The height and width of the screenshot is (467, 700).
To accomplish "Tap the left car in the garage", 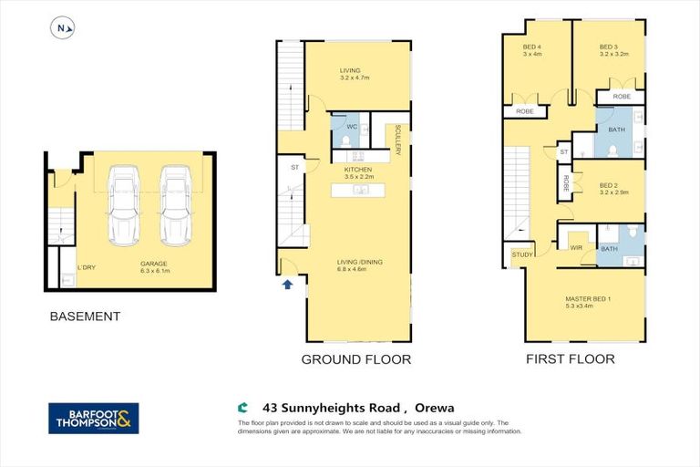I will pyautogui.click(x=124, y=205).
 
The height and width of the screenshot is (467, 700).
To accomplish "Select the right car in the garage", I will pyautogui.click(x=176, y=205).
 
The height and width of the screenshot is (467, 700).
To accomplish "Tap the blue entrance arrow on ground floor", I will pyautogui.click(x=288, y=284).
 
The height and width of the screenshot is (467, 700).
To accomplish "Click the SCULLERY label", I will pyautogui.click(x=398, y=140).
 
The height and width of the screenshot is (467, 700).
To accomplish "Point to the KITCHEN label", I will pyautogui.click(x=357, y=171).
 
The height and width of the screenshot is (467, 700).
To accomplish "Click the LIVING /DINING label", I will pyautogui.click(x=359, y=263).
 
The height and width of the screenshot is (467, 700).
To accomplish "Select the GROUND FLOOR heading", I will pyautogui.click(x=355, y=359).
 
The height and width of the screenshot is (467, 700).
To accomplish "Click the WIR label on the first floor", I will pyautogui.click(x=575, y=246).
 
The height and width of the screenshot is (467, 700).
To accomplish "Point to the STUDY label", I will pyautogui.click(x=522, y=254).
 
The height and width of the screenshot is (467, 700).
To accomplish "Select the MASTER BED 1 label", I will pyautogui.click(x=588, y=299).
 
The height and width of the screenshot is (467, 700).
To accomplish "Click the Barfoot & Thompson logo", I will pyautogui.click(x=94, y=418).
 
